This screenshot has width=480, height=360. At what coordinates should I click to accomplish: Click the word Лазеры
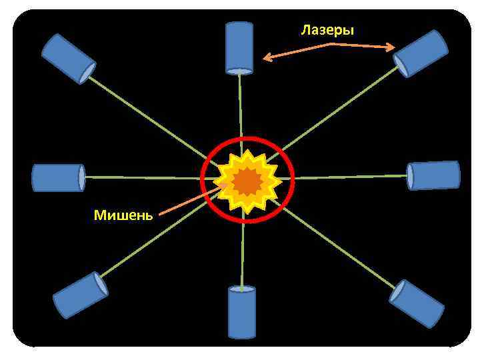(327, 30)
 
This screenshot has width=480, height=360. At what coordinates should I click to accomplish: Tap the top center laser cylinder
(239, 46)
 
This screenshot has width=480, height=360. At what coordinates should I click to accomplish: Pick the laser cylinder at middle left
(59, 177)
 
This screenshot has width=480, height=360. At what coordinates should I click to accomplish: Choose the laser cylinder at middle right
(433, 175)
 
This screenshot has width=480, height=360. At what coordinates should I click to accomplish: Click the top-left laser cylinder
(69, 58)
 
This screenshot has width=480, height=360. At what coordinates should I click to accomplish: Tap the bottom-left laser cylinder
(80, 293)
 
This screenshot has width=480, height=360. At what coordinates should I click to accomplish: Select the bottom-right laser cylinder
(417, 303)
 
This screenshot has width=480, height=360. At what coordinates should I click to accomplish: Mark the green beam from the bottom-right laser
(340, 246)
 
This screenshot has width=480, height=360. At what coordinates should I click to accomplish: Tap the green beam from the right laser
(350, 177)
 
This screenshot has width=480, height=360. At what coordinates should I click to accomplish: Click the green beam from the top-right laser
(340, 106)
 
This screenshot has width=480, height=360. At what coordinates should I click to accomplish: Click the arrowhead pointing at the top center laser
(267, 58)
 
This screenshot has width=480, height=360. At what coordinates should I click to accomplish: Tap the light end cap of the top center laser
(239, 71)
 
